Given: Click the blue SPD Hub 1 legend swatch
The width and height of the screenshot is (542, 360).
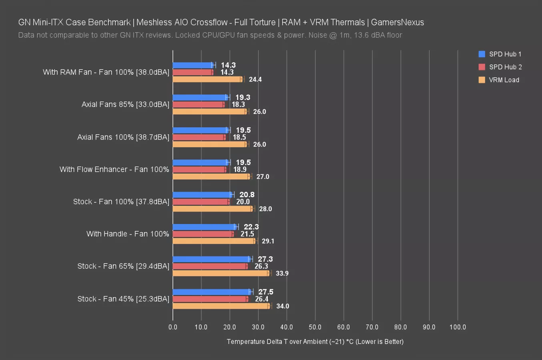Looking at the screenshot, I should pos(482,54).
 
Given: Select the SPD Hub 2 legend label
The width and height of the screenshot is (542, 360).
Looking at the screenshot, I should pos(505,67).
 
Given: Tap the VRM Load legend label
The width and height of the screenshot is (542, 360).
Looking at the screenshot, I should pos(504,80).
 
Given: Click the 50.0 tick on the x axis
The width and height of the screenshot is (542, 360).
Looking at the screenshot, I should pos(315,327).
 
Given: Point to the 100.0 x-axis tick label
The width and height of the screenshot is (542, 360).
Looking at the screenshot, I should pos(458,327).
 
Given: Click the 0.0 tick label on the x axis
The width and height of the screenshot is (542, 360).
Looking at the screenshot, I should pos(173,327).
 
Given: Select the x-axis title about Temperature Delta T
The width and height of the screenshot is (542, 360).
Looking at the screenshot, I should pos(315,341).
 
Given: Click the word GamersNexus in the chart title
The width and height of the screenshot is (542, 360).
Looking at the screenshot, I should pos(397,22).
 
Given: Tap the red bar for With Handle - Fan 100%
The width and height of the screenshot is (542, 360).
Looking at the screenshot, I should pos(203,234).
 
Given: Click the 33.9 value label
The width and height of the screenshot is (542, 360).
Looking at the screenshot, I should pos(282,273).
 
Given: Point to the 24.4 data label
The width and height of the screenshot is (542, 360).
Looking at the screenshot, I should pos(255,79).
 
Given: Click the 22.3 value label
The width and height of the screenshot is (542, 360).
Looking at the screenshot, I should pos(251,227).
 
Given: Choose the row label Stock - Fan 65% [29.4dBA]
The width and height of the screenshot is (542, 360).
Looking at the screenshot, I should pos(123,266).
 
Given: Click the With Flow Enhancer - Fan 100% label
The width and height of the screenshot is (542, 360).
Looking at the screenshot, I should pos(114,169).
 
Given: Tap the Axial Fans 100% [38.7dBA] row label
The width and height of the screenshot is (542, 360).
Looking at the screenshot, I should pos(123,137).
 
